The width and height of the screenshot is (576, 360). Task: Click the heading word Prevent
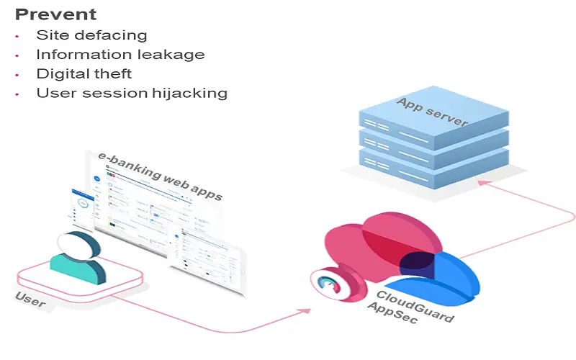point(55,14)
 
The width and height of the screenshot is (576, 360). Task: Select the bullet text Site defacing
point(91,35)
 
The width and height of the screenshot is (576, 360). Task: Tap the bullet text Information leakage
point(120,54)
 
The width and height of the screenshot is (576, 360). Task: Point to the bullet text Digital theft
point(84,73)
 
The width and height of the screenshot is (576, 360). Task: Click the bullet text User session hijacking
point(132,93)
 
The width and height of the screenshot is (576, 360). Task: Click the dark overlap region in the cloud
point(416,264)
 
